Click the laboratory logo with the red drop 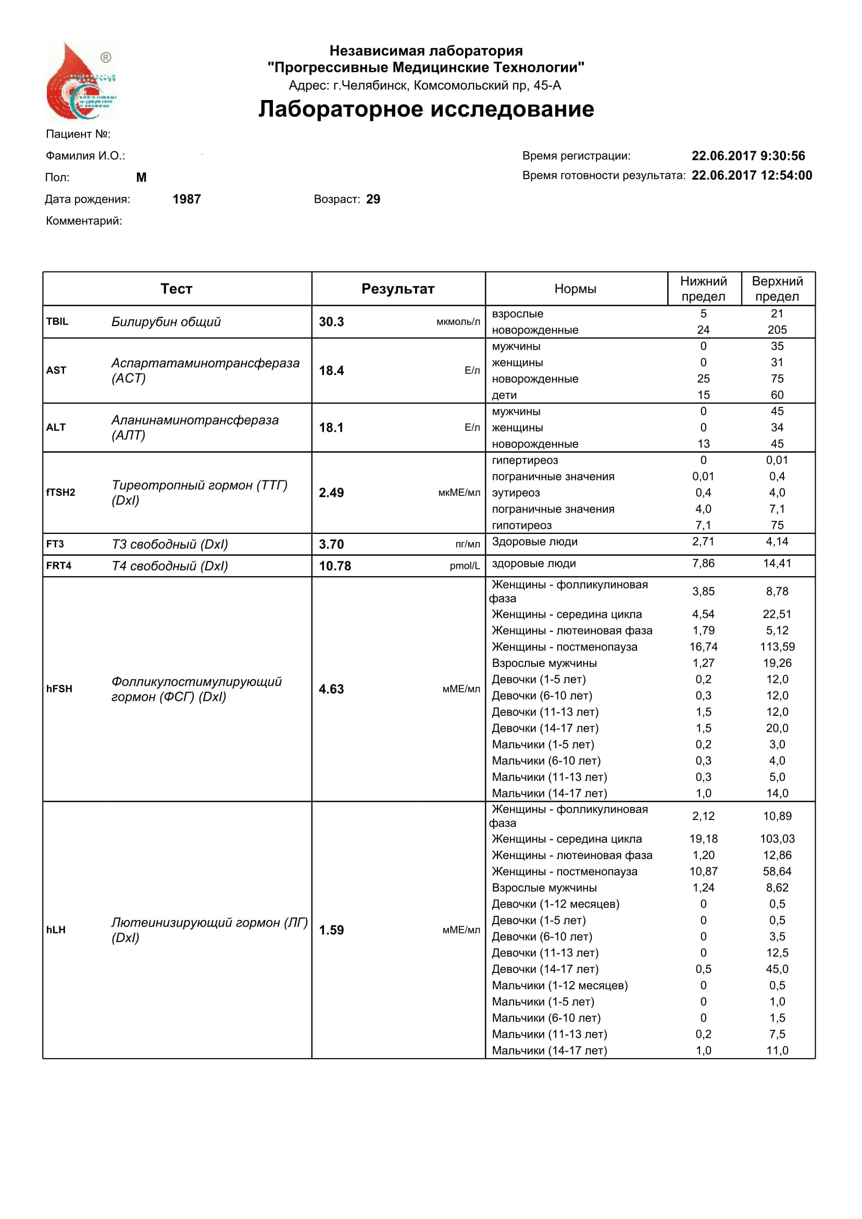pos(83,82)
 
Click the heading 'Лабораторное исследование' pos(426,109)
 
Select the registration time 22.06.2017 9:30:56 pos(748,156)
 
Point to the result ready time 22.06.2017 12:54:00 pos(752,176)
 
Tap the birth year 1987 pos(187,200)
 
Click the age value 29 pos(373,200)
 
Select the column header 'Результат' pos(398,289)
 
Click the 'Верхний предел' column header pos(777,289)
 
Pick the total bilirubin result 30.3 pos(331,322)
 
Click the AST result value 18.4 pos(331,371)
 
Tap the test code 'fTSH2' pos(60,493)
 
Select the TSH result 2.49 pos(331,493)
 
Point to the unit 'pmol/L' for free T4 pos(465,566)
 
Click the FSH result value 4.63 pos(331,690)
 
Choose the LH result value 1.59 pos(331,931)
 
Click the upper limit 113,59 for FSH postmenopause pos(777,647)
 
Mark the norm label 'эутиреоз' pos(516,493)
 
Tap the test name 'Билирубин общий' pos(166,322)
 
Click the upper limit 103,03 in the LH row pos(777,839)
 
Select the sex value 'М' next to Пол pos(141,178)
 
